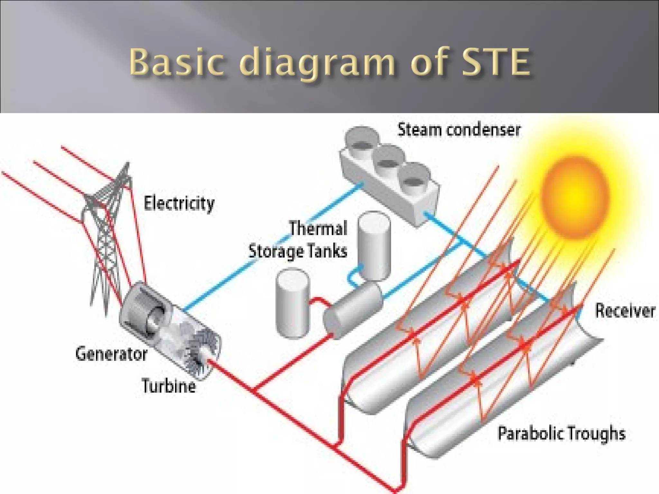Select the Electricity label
[179, 204]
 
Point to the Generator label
[111, 354]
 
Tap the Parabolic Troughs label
[562, 433]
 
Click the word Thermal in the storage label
[318, 228]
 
